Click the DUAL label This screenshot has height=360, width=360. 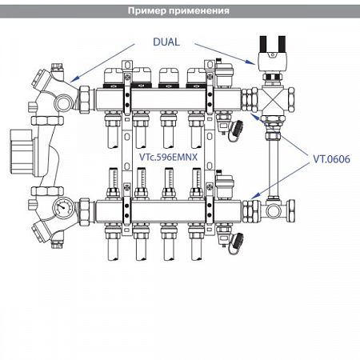[166, 42]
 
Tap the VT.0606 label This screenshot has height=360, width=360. [331, 159]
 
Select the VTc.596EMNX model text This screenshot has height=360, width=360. [169, 157]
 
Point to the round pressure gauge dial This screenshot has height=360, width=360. [63, 207]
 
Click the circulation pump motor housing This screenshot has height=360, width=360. [22, 152]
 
